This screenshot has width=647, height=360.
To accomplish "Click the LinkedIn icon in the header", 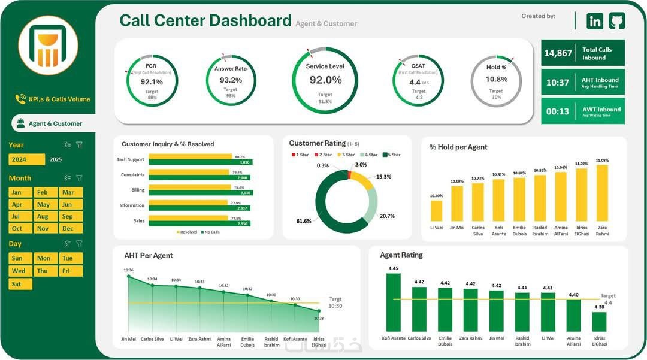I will point(595,21).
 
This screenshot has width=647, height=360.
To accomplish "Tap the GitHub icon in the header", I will point(616,21).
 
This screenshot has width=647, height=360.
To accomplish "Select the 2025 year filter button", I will point(56,159).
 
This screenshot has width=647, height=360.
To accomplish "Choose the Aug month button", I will point(43,216).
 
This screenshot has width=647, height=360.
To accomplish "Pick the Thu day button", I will point(43,271).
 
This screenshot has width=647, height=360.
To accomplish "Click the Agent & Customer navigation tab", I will point(55,123).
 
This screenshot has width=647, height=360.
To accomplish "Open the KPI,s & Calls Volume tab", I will point(59,99).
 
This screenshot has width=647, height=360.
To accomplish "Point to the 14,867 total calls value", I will point(558,53).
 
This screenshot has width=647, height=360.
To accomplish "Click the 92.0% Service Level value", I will point(325,80).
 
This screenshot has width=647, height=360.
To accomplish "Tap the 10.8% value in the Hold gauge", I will point(496,79).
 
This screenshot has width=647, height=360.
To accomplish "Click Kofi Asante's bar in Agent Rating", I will point(393,302).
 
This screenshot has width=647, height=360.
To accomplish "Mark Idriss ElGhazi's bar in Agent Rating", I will point(599,322).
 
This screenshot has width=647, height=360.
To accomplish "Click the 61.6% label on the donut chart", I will point(304,221).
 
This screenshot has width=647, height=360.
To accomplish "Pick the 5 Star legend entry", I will point(392,155).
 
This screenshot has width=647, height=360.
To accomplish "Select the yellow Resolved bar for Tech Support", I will point(190,156).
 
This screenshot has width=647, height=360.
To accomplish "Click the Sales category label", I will point(138,220).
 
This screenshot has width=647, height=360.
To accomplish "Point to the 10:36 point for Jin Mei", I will point(128,276).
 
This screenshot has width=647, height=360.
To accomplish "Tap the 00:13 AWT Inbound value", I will point(557,111).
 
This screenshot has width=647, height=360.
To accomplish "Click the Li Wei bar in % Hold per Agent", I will point(436,211).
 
